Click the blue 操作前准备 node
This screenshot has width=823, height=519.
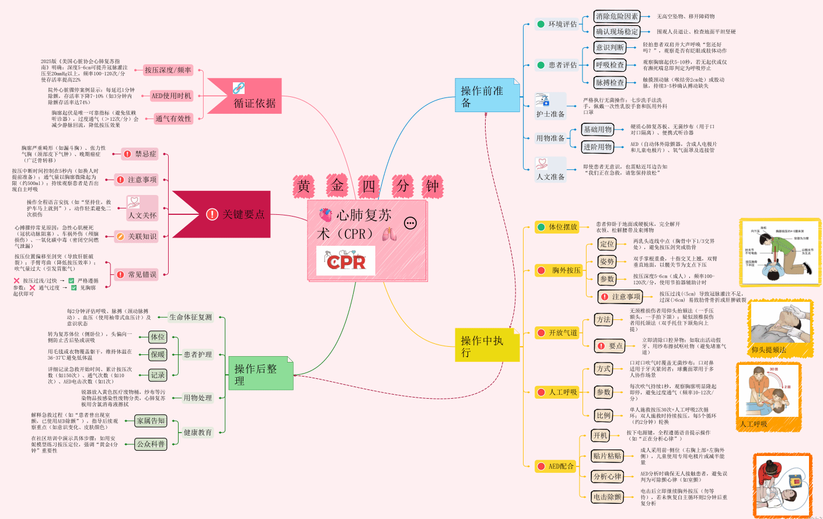[x=487, y=96]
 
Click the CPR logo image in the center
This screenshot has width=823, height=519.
[x=346, y=261]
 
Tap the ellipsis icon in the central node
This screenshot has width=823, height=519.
[x=410, y=223]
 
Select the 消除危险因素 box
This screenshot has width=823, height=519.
[x=617, y=16]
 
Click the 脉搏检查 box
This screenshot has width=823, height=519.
[x=610, y=82]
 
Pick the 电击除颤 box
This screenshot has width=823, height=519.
[x=607, y=497]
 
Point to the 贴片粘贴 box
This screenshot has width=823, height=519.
[x=607, y=456]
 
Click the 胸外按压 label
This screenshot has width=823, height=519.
[x=560, y=270]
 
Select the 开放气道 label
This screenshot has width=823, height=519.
[x=557, y=333]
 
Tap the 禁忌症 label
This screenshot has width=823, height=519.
[x=140, y=154]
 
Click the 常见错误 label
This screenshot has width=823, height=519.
[x=137, y=274]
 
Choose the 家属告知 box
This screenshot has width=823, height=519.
[x=151, y=421]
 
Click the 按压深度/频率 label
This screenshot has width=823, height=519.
[x=168, y=70]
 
